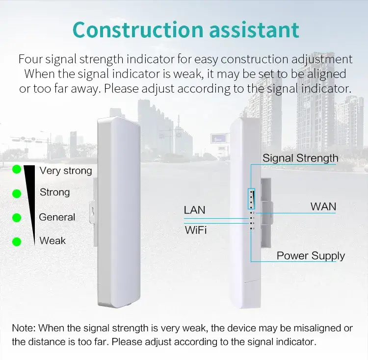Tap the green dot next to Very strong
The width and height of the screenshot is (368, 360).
[x=17, y=170]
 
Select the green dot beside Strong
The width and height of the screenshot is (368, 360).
[x=17, y=193]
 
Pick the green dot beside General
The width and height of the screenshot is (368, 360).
[x=17, y=217]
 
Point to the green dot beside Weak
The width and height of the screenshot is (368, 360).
[x=17, y=241]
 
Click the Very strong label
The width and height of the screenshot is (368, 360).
[x=66, y=171]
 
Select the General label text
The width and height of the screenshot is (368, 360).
[x=57, y=217]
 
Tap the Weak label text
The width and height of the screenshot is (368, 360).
[x=53, y=241]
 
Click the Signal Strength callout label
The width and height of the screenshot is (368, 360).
[x=300, y=158]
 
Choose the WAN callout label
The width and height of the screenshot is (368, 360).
[x=323, y=206]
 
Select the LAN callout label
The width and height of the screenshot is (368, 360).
[x=194, y=210]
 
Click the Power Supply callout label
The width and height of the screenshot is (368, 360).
[x=311, y=256]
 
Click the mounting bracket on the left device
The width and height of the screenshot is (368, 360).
[x=92, y=208]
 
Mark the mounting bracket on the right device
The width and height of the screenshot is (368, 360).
[x=265, y=211]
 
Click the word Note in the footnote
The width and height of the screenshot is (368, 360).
[x=23, y=328]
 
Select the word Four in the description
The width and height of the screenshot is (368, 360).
[x=30, y=59]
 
